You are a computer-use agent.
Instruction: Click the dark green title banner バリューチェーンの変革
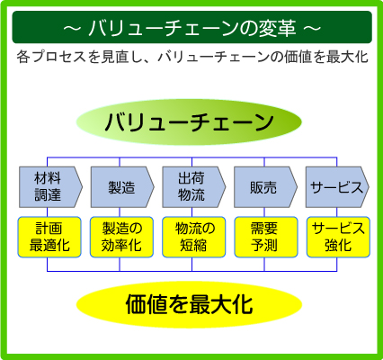pyautogui.click(x=191, y=27)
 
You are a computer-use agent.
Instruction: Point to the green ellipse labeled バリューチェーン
pyautogui.click(x=189, y=122)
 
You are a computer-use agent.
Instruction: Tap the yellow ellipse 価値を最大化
pyautogui.click(x=189, y=304)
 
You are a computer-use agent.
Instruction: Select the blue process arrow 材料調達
pyautogui.click(x=50, y=187)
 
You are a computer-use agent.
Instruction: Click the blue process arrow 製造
pyautogui.click(x=122, y=187)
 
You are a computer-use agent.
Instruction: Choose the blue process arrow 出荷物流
pyautogui.click(x=193, y=187)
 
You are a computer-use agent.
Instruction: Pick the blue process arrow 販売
pyautogui.click(x=265, y=187)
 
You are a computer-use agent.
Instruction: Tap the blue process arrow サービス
pyautogui.click(x=337, y=187)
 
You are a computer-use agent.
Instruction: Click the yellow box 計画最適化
pyautogui.click(x=49, y=237)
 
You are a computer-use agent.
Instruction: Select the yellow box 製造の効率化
pyautogui.click(x=121, y=237)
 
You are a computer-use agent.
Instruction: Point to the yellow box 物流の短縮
pyautogui.click(x=193, y=237)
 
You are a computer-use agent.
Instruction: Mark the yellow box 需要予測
pyautogui.click(x=266, y=237)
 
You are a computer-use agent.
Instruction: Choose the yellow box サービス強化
pyautogui.click(x=338, y=237)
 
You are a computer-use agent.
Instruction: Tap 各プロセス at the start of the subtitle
pyautogui.click(x=51, y=57)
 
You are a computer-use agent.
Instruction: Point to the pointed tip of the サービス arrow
pyautogui.click(x=369, y=187)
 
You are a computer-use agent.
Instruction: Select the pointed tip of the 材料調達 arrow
pyautogui.click(x=82, y=187)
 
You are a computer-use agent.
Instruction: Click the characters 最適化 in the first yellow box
pyautogui.click(x=49, y=246)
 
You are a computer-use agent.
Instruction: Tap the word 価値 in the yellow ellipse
pyautogui.click(x=147, y=304)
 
